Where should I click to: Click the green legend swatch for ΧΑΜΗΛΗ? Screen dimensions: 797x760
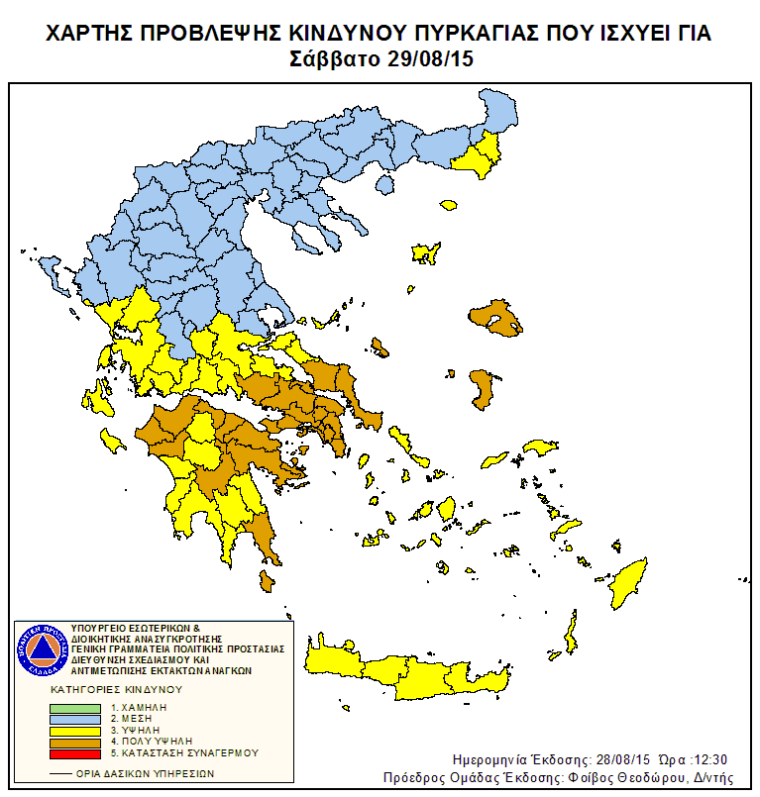click(x=75, y=709)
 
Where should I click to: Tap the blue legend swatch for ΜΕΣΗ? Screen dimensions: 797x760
click(x=75, y=720)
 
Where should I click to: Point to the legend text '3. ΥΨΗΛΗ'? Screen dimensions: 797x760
click(x=139, y=730)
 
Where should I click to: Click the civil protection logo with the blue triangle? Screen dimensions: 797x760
click(x=41, y=649)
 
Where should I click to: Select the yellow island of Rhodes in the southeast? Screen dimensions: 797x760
click(x=627, y=583)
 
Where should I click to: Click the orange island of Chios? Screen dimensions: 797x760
click(x=482, y=388)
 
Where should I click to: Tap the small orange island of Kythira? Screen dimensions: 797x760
click(x=266, y=580)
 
